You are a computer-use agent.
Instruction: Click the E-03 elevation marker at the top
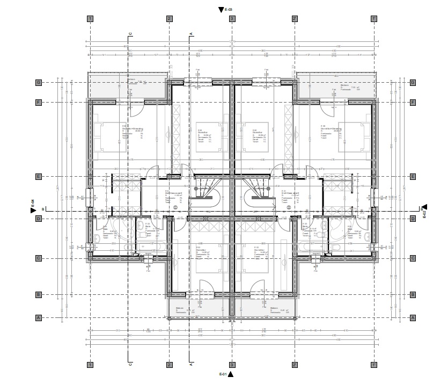pos(221,9)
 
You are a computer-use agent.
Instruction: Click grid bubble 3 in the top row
pos(232,18)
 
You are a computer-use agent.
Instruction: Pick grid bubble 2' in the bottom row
pos(295,364)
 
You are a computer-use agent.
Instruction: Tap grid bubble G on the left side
pos(38,82)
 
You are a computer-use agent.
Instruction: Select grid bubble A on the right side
pos(413,317)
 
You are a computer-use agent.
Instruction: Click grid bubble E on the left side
pos(38,177)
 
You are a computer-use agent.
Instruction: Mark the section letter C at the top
pos(130,34)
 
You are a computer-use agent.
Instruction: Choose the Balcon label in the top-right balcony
pos(344,85)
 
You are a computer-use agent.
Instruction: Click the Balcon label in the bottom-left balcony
pos(179,308)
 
